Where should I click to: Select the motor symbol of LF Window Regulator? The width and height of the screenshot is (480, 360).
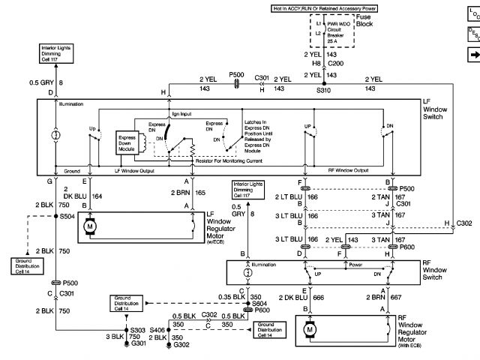tap(91, 226)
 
